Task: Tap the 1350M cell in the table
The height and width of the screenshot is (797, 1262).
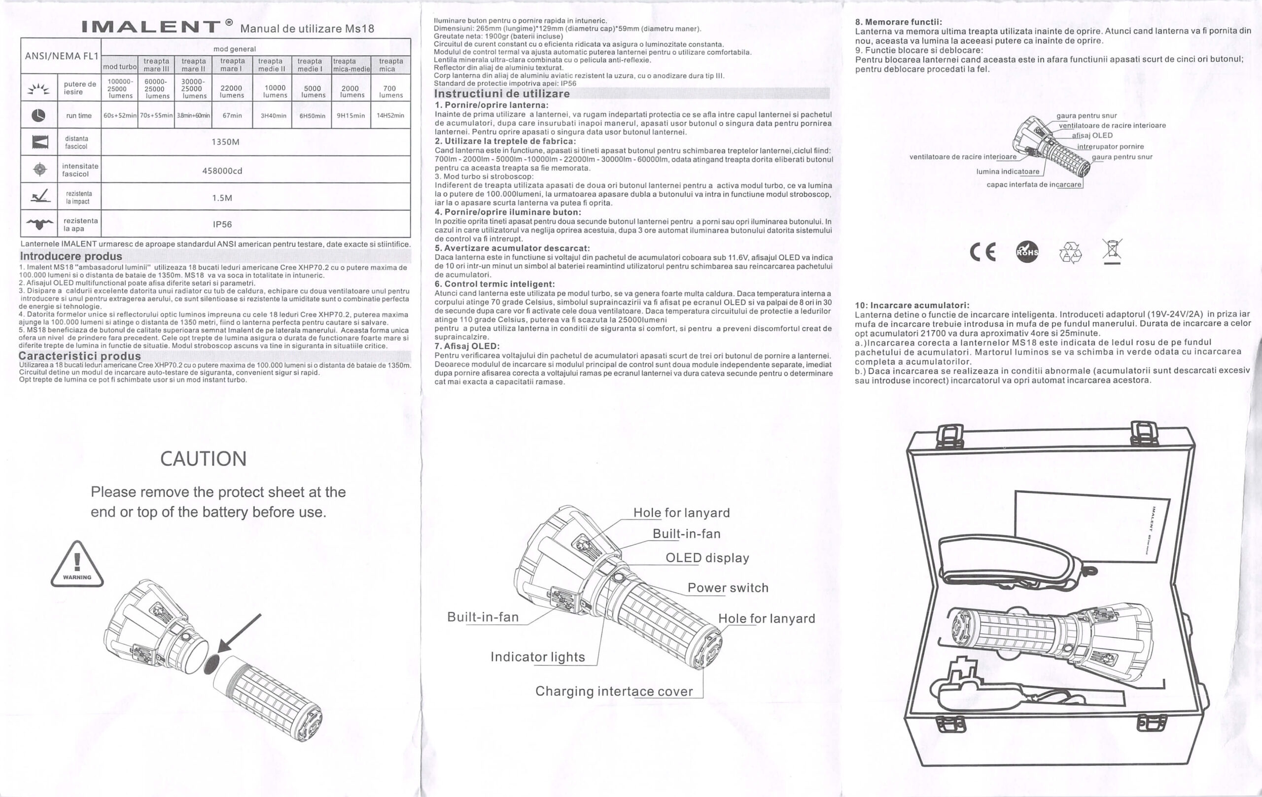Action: point(225,142)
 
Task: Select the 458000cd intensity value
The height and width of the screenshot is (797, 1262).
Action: point(222,171)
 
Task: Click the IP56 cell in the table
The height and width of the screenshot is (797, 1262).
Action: point(222,224)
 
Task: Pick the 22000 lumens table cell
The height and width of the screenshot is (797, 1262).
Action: point(232,92)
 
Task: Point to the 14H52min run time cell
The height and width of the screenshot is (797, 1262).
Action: point(390,115)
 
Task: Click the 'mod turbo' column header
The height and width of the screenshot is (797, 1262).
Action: point(120,67)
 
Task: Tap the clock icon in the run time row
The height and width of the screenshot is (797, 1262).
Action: point(38,115)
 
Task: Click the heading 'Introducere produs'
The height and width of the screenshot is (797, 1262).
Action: point(71,256)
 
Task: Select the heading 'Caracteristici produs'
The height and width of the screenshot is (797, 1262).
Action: point(80,356)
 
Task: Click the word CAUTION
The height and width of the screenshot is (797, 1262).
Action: point(203,458)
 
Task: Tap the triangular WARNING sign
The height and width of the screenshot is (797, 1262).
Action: point(77,564)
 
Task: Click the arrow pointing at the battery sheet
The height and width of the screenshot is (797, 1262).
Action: point(239,633)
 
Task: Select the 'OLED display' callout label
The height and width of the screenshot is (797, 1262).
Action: point(707,557)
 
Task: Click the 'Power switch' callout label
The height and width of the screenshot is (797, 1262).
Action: point(728,588)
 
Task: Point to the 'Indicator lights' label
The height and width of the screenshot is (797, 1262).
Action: point(538,657)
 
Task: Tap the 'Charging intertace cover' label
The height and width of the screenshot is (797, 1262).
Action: point(614,691)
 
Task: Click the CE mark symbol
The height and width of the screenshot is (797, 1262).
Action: point(982,252)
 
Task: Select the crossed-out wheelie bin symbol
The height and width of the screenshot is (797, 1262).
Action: point(1112,251)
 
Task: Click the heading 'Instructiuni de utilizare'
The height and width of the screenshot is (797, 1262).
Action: point(502,94)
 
